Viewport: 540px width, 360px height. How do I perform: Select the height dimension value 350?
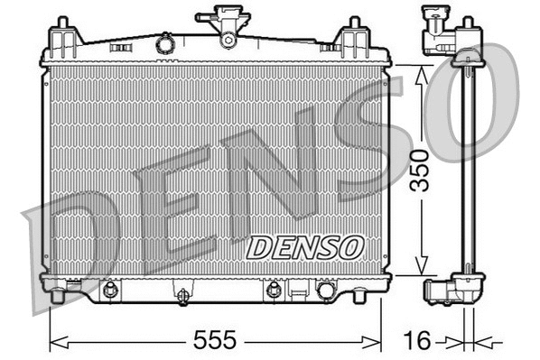coord(418,170)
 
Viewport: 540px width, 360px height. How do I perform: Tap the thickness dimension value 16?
coord(416,340)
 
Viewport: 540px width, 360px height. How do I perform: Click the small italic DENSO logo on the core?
coord(304,245)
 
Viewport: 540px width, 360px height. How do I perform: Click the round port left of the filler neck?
coord(164,42)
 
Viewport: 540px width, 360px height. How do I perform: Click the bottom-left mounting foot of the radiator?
coord(58,295)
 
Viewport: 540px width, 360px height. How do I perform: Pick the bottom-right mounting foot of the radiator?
coord(359,294)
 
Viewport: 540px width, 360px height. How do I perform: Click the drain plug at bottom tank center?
coord(182,295)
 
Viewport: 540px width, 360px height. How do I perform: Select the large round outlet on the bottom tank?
coord(325,290)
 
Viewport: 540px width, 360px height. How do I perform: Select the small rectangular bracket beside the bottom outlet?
coord(296,290)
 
